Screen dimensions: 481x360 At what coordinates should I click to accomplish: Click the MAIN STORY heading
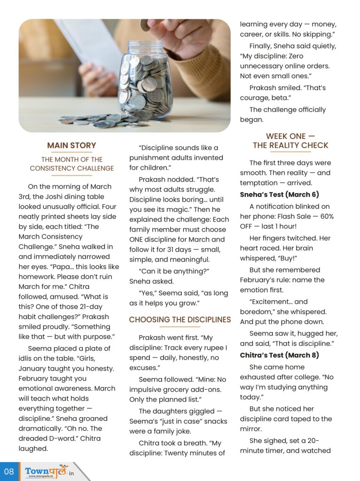(71, 146)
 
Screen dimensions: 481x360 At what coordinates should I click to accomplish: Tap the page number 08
(9, 472)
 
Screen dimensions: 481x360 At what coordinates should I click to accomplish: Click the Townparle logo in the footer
(47, 471)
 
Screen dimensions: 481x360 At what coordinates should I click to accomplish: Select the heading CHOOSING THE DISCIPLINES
(180, 320)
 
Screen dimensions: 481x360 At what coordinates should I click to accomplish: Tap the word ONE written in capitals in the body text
(139, 240)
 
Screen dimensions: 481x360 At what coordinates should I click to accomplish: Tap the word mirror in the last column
(251, 429)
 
